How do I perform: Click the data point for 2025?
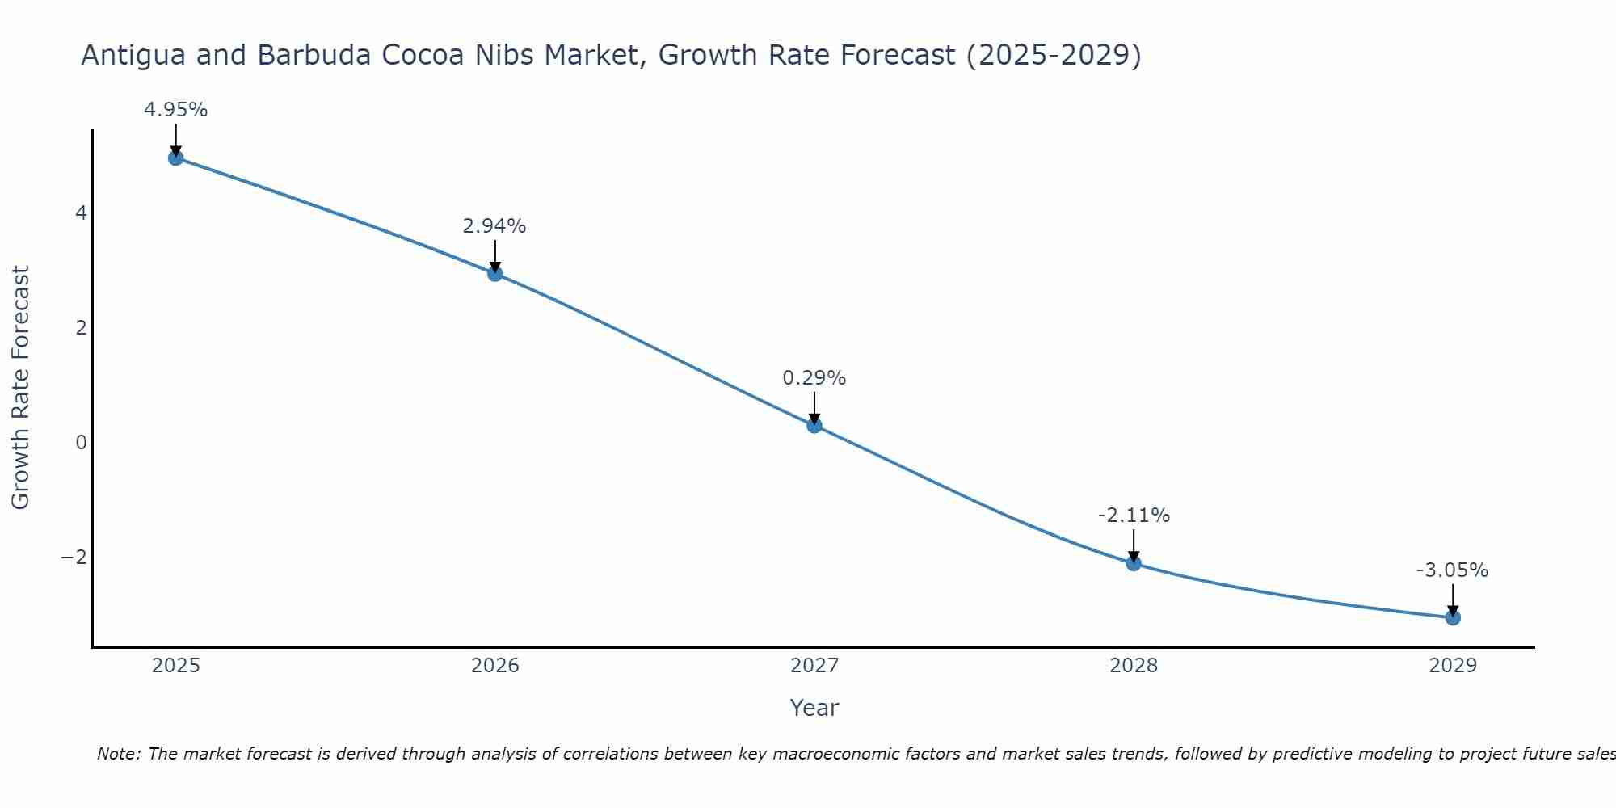176,158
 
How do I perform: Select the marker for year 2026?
495,274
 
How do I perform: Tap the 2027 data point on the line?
814,426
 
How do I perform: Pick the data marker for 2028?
1134,563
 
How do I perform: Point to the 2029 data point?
1453,618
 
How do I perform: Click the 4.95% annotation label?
176,110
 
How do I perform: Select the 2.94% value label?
494,226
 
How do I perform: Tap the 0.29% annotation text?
814,378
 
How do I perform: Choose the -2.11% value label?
1134,516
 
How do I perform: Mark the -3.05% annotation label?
1452,570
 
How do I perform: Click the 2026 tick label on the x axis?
495,666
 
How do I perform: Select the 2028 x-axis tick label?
1134,666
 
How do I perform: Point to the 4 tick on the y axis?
81,213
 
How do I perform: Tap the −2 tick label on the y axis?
74,558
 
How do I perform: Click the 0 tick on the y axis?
81,443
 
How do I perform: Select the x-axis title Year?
814,708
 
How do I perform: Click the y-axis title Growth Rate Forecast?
20,388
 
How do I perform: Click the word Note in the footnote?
119,754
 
